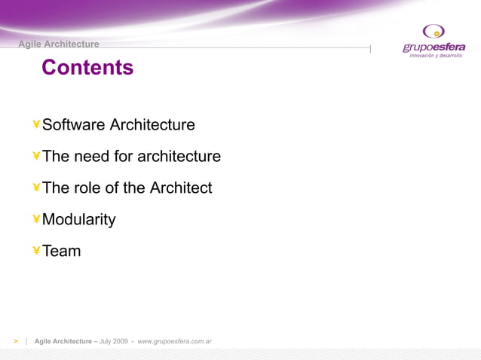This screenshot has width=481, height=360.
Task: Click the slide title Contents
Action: (x=87, y=68)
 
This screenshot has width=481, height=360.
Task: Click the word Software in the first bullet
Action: (x=74, y=125)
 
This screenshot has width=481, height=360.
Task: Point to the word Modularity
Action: (x=79, y=220)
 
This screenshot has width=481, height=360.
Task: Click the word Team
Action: (x=62, y=252)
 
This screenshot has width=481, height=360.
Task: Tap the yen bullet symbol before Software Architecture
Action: (x=36, y=124)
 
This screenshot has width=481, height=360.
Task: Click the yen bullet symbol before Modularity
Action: (x=36, y=219)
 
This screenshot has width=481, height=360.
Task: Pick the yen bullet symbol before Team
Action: (x=36, y=251)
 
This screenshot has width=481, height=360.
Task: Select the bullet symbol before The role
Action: (x=36, y=188)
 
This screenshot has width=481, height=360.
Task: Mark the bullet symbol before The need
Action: (x=36, y=156)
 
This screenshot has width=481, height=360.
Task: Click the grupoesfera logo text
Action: (x=434, y=47)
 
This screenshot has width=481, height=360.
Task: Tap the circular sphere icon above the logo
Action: (x=434, y=31)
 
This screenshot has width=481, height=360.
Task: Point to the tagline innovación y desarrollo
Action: (x=435, y=56)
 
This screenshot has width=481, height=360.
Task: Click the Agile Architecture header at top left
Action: (x=59, y=44)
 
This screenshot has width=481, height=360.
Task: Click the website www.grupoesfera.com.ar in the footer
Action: (x=174, y=341)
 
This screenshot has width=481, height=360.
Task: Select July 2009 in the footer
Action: (x=113, y=341)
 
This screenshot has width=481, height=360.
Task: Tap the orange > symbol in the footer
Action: (x=15, y=341)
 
